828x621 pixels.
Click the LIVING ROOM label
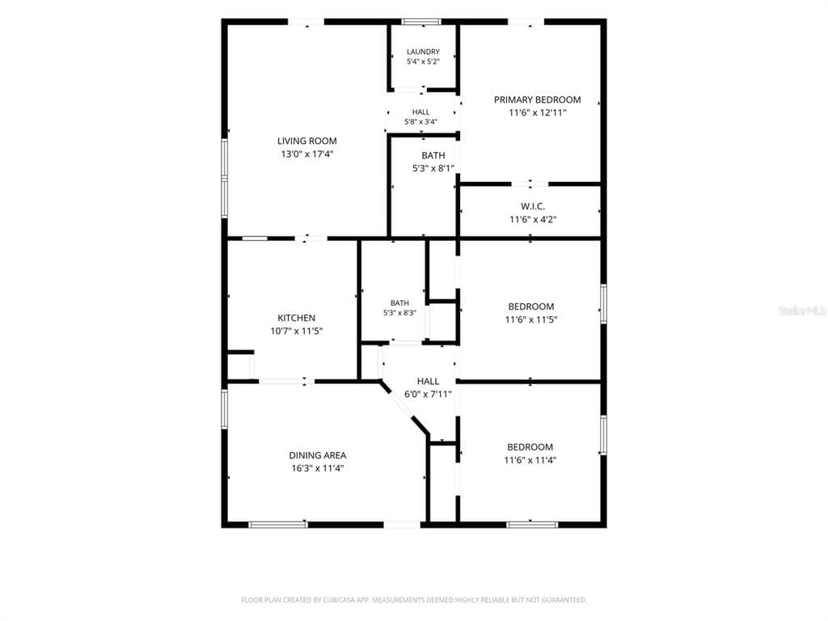pyautogui.click(x=306, y=141)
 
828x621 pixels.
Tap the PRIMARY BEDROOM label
pyautogui.click(x=537, y=99)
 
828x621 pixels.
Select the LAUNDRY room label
pyautogui.click(x=423, y=52)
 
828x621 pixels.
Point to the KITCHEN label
pyautogui.click(x=296, y=318)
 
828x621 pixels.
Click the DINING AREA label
pyautogui.click(x=317, y=455)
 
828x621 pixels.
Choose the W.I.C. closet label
pyautogui.click(x=532, y=206)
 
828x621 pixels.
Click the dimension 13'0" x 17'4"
pyautogui.click(x=306, y=154)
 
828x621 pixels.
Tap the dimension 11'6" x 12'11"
pyautogui.click(x=538, y=112)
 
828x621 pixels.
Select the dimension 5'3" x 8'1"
pyautogui.click(x=433, y=168)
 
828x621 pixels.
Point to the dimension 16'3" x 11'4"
pyautogui.click(x=317, y=468)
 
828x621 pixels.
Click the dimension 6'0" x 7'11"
pyautogui.click(x=428, y=394)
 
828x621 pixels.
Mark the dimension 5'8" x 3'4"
pyautogui.click(x=420, y=122)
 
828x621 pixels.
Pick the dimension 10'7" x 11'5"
pyautogui.click(x=296, y=331)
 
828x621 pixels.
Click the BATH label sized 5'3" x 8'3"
pyautogui.click(x=399, y=303)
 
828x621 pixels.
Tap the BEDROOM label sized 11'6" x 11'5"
pyautogui.click(x=530, y=306)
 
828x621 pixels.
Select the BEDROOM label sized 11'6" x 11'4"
pyautogui.click(x=530, y=446)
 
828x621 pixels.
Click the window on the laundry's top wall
pyautogui.click(x=420, y=22)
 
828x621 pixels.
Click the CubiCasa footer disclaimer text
pyautogui.click(x=413, y=600)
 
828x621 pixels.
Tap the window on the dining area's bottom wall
pyautogui.click(x=278, y=524)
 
